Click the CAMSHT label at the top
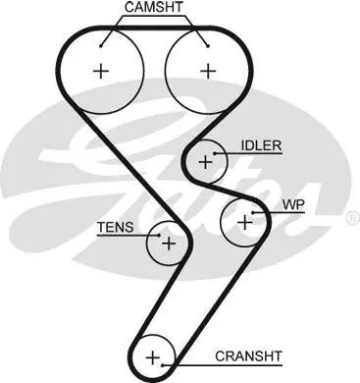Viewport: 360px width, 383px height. (154, 7)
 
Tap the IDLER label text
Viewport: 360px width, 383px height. (261, 145)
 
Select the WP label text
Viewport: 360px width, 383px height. (293, 205)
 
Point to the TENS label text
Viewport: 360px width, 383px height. (116, 227)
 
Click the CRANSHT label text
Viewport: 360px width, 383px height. (248, 356)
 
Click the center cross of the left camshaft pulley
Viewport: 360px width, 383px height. (101, 71)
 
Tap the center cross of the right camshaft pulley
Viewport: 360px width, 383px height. (208, 71)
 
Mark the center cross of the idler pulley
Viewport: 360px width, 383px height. (206, 162)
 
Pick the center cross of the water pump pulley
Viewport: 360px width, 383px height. (245, 223)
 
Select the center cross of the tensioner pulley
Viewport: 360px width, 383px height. (169, 244)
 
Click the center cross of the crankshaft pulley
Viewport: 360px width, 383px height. (153, 357)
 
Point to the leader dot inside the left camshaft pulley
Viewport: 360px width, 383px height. (101, 46)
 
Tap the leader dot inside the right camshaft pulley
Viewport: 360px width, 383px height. (208, 46)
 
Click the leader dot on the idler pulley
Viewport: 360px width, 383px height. (215, 153)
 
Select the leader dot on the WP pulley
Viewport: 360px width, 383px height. (253, 213)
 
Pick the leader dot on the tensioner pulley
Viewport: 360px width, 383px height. (159, 235)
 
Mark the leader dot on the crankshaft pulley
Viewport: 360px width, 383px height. (163, 364)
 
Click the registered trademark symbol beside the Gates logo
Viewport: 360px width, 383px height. (353, 218)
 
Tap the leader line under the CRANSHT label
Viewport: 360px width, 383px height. (223, 364)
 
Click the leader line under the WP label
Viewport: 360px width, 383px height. (279, 213)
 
